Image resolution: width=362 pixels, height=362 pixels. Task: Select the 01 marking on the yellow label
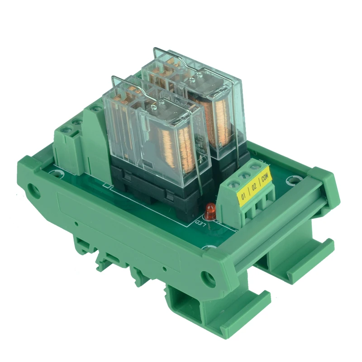tap(243, 197)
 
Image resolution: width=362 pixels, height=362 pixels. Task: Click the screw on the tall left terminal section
tap(95, 108)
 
